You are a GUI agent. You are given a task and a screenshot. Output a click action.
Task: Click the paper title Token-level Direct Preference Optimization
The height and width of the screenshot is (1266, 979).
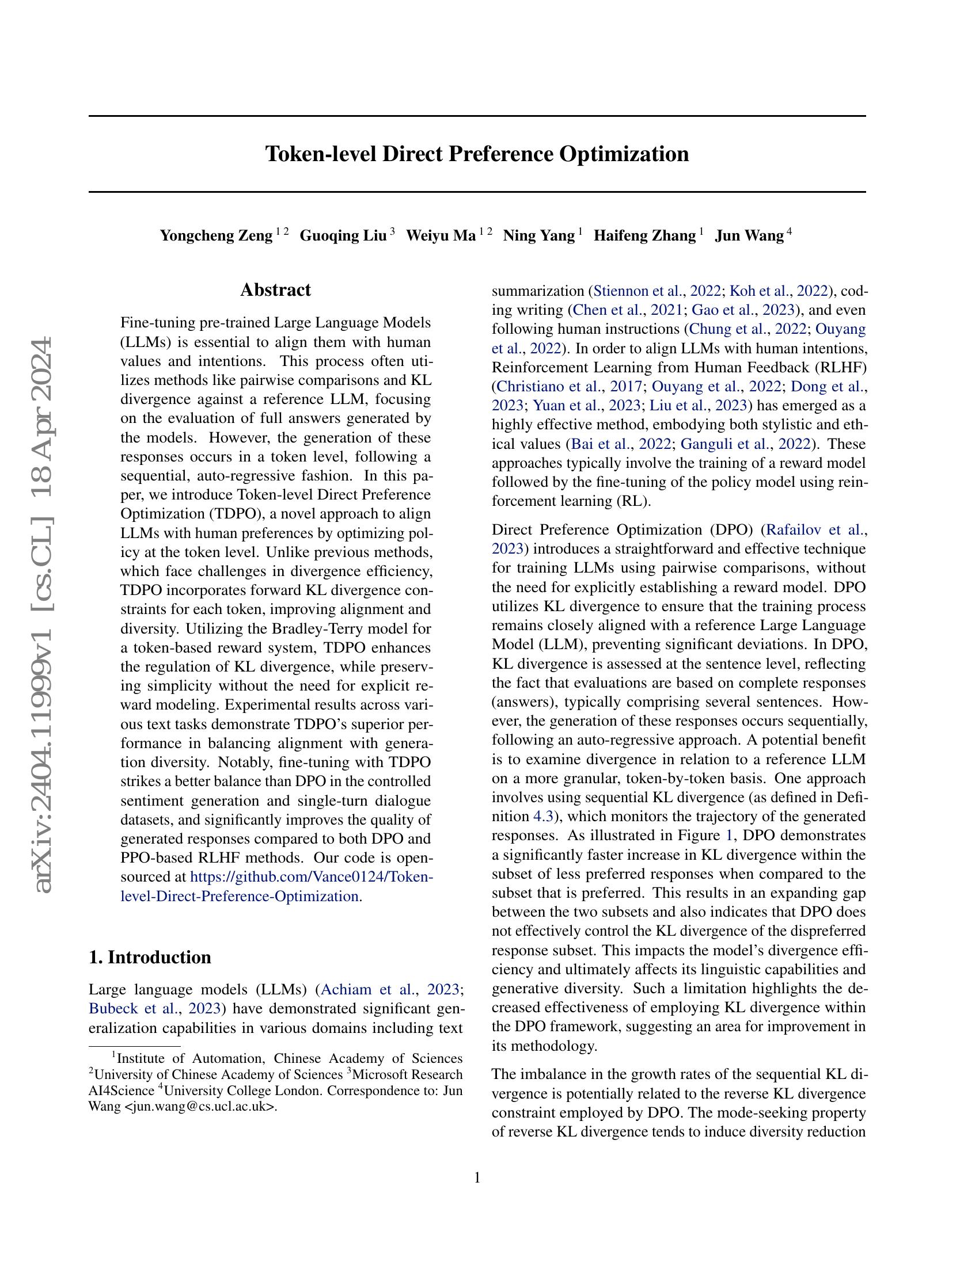pos(477,154)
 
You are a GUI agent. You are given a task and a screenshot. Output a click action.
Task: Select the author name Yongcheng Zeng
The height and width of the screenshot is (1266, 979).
pos(216,236)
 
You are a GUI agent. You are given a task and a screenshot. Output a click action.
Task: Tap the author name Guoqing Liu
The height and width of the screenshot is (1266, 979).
pos(343,236)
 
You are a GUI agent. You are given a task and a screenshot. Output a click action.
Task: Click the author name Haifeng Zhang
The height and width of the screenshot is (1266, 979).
pos(644,236)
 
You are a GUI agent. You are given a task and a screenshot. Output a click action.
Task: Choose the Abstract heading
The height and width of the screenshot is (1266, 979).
pos(275,290)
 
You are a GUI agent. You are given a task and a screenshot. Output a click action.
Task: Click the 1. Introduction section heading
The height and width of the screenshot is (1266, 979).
pos(150,956)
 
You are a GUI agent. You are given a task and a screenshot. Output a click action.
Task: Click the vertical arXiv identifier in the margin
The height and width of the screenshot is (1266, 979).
pos(44,615)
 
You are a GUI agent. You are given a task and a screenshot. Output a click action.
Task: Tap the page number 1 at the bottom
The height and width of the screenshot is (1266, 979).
pos(477,1178)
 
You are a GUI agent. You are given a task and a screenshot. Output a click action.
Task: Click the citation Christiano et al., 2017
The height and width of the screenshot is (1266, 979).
pos(570,387)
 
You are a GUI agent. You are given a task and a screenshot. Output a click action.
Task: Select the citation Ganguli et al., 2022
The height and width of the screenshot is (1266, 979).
pos(745,444)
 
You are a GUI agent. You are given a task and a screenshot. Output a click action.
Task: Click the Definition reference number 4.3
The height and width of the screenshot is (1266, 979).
pos(542,817)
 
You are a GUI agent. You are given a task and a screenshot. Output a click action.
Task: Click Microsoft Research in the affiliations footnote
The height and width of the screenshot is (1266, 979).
pos(407,1075)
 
